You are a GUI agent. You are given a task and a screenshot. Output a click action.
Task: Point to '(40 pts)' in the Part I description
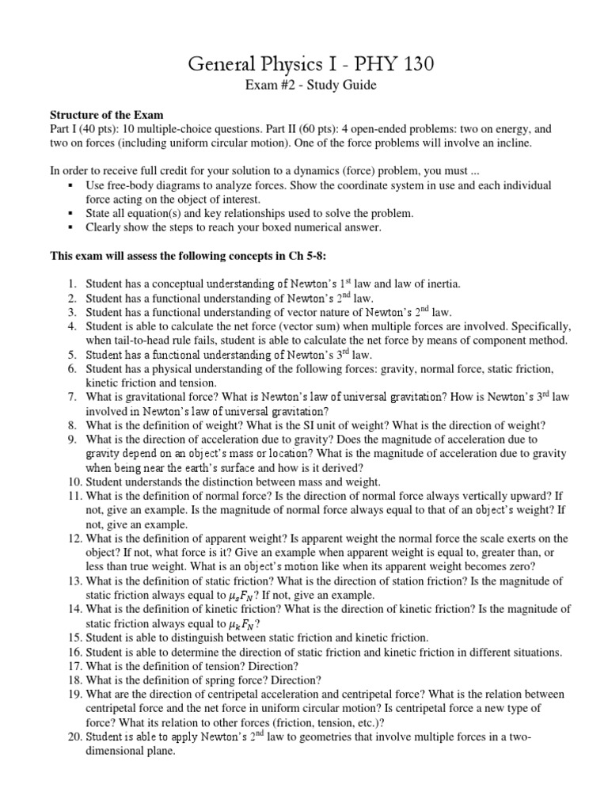(98, 128)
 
